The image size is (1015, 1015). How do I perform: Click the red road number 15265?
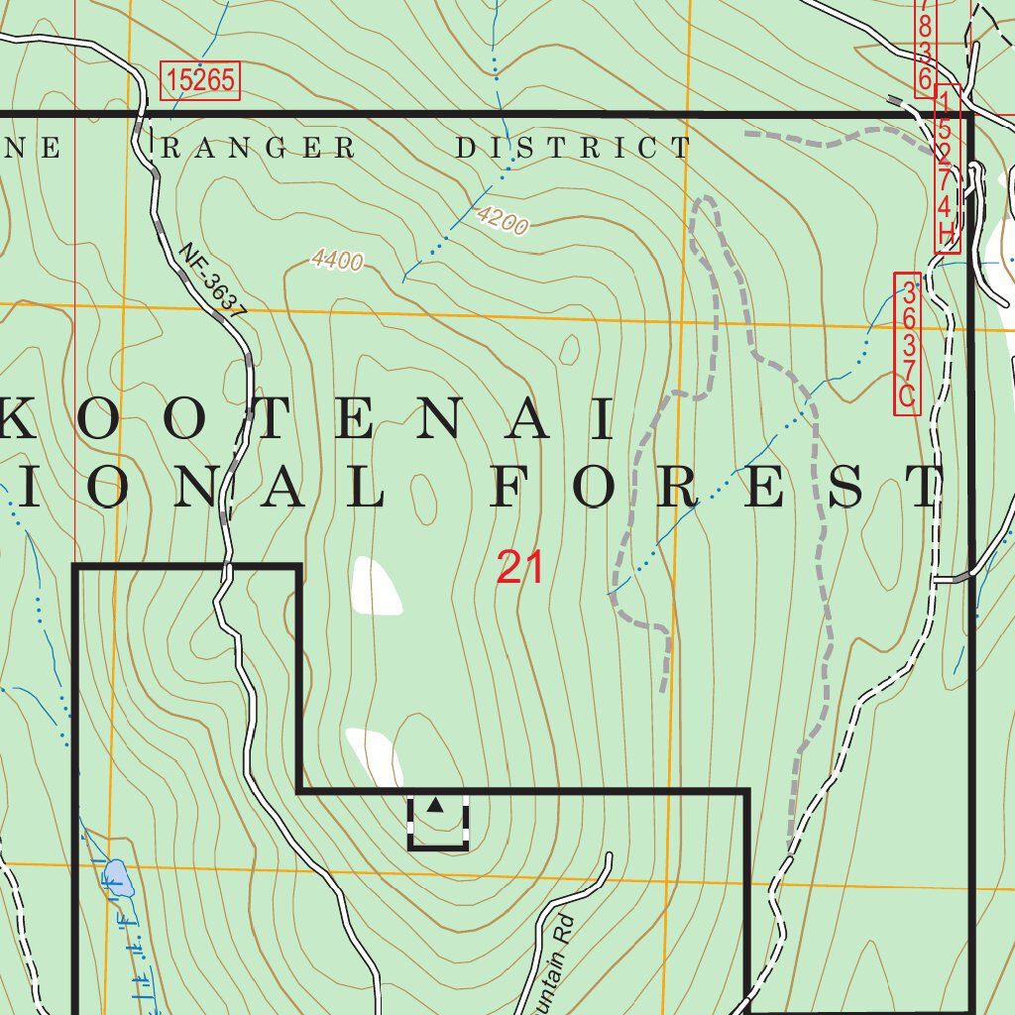(x=200, y=80)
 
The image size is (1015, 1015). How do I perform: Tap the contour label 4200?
(x=502, y=219)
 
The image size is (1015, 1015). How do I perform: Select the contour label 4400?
(x=337, y=260)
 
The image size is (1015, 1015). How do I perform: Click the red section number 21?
(x=520, y=568)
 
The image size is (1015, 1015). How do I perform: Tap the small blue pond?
(x=117, y=877)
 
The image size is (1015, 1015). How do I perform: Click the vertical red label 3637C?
(x=907, y=343)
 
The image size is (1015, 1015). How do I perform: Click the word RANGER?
(x=258, y=149)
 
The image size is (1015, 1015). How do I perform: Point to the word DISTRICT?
(x=573, y=149)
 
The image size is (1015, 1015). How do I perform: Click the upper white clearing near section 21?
(x=375, y=586)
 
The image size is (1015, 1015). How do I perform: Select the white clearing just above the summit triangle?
(x=375, y=753)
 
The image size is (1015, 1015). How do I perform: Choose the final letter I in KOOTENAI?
(x=604, y=420)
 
